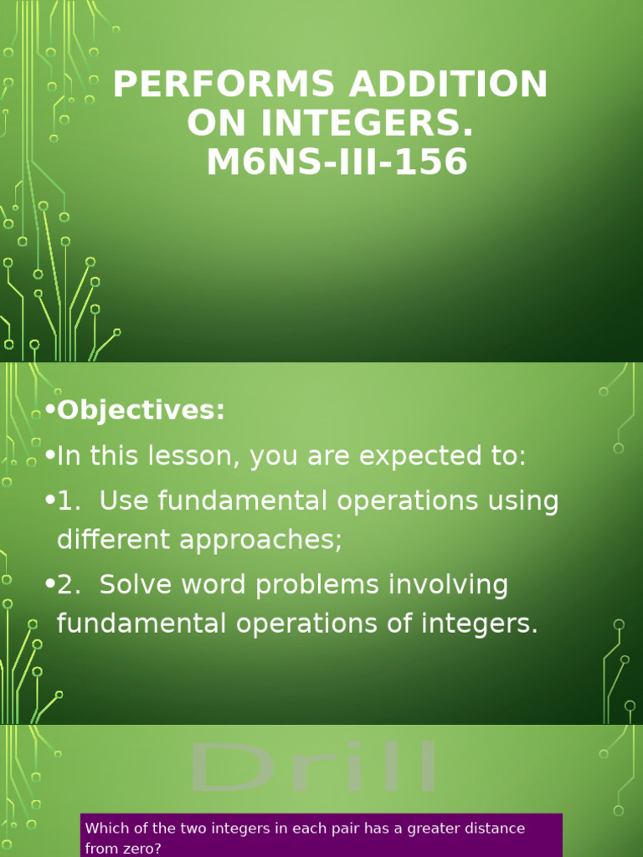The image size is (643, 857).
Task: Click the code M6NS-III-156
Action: point(337,162)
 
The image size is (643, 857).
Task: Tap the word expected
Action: point(405,457)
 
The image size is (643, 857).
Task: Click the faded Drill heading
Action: point(315,767)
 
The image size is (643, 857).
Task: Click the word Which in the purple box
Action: point(105,829)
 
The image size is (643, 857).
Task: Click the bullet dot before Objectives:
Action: point(50,411)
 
